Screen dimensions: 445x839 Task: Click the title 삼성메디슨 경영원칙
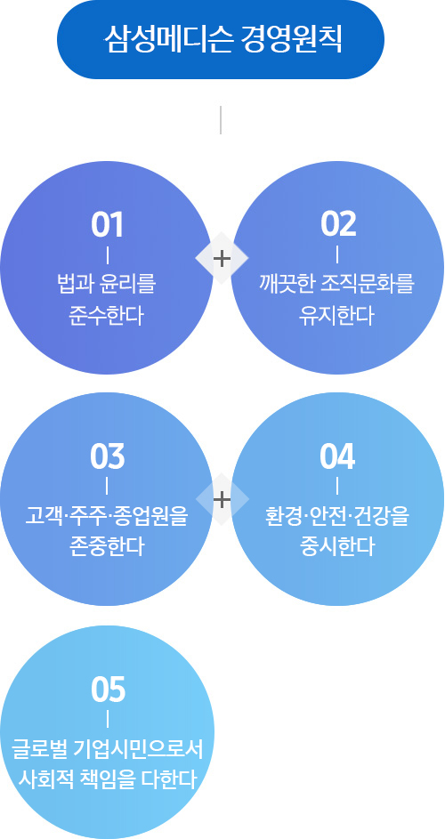[222, 40]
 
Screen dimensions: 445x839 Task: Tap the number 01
[107, 225]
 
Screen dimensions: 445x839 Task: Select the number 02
[338, 225]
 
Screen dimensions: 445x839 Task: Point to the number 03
[107, 457]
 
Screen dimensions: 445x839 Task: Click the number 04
[337, 457]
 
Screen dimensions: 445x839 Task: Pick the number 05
[108, 690]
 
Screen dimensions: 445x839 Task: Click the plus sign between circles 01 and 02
[222, 258]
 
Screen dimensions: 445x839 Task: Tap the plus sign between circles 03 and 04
[222, 500]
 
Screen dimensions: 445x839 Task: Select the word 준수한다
[107, 316]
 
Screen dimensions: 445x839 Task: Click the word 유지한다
[337, 316]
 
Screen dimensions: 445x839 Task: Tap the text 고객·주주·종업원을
[107, 517]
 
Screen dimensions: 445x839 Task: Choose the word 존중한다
[107, 547]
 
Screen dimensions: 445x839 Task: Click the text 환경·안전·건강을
[337, 517]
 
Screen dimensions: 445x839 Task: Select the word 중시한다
[337, 547]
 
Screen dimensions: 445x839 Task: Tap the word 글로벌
[39, 750]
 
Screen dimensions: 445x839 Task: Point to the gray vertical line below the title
[221, 120]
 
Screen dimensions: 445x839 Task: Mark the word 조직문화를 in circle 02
[368, 284]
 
